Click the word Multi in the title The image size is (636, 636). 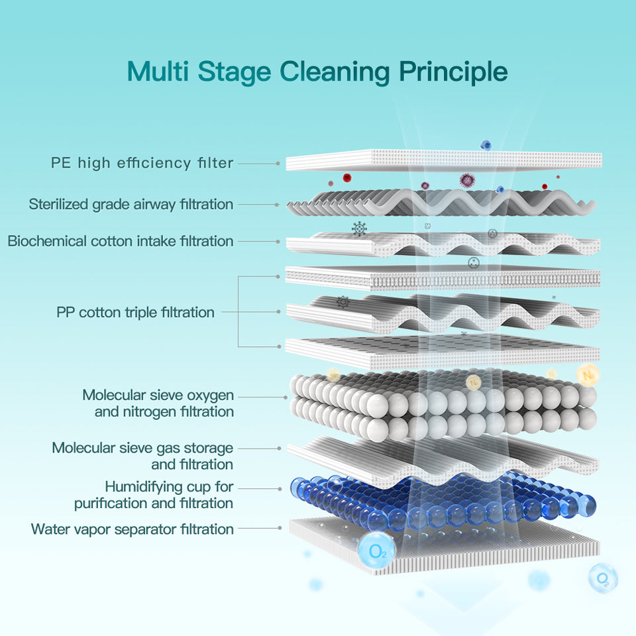point(156,71)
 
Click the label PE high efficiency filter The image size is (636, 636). point(142,162)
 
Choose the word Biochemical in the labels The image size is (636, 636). point(47,240)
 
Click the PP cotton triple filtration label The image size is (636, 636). point(135,312)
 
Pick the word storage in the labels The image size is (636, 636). point(208,449)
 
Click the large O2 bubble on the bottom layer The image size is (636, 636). point(376,549)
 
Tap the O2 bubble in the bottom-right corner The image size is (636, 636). point(603,578)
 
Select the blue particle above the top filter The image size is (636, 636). point(486,144)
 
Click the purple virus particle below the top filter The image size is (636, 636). point(468,180)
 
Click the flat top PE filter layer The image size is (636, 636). point(444,160)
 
